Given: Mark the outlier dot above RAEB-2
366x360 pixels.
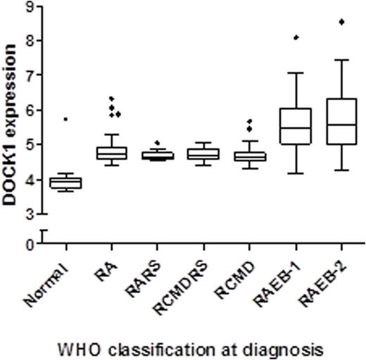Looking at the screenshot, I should point(341,22).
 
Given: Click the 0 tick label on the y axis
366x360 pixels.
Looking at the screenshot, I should point(29,244).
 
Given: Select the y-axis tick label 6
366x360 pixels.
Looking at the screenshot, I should point(29,110).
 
